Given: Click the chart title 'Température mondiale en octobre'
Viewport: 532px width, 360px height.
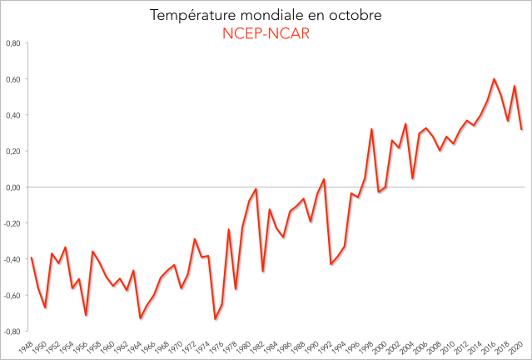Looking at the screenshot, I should (x=266, y=15).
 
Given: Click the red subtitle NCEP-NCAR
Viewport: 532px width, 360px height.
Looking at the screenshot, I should (x=266, y=33).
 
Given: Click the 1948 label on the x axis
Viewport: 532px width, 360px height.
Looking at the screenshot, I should (x=27, y=344).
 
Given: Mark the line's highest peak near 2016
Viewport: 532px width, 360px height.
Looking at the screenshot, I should (x=495, y=79).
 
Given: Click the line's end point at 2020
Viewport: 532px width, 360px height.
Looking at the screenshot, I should (x=521, y=129).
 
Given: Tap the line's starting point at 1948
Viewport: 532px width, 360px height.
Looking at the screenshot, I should (x=32, y=257).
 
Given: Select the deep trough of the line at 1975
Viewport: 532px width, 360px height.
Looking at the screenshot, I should (x=215, y=319).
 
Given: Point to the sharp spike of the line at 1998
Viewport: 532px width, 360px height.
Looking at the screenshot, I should (x=371, y=129).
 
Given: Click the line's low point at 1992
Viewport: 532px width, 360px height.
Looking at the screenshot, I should (x=331, y=264).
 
